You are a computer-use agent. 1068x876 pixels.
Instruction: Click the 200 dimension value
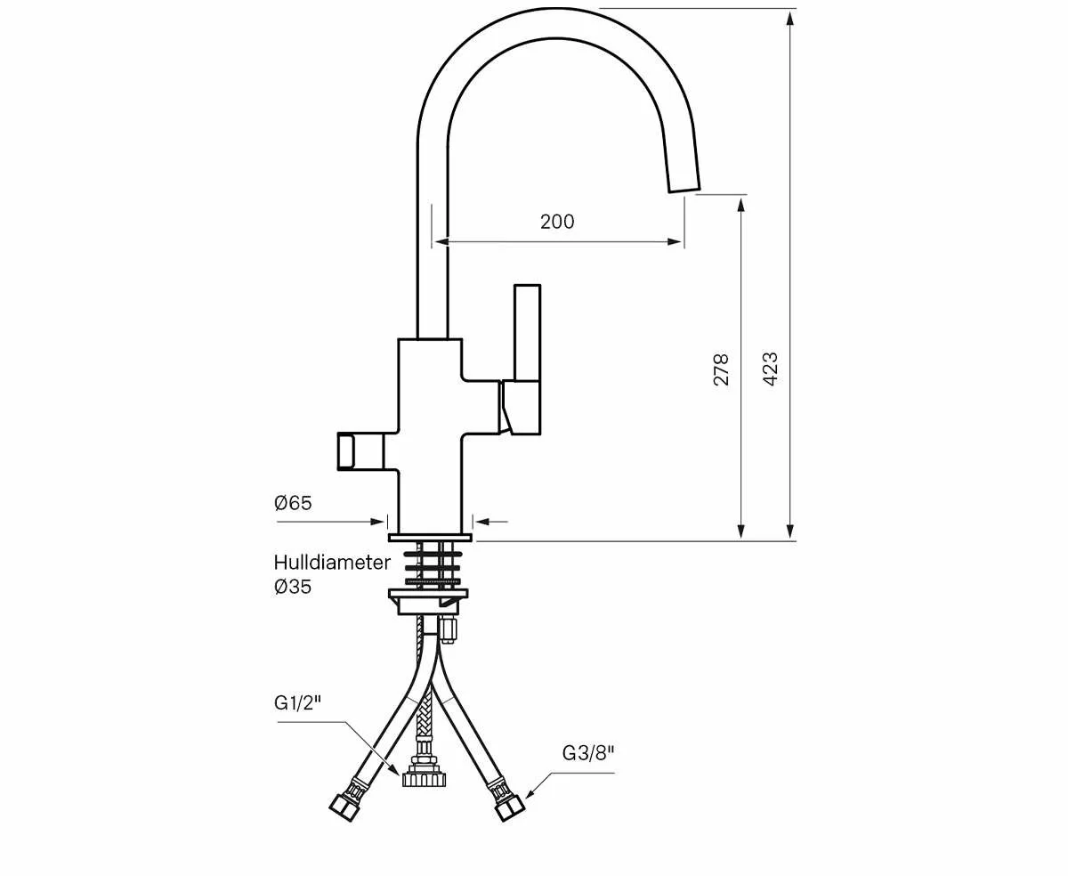pyautogui.click(x=557, y=222)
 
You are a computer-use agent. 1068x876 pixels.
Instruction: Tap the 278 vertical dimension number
pyautogui.click(x=721, y=369)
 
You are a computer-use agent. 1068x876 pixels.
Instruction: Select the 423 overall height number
pyautogui.click(x=771, y=369)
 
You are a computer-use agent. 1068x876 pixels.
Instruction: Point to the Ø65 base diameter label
pyautogui.click(x=293, y=503)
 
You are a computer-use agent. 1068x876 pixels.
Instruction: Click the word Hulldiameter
pyautogui.click(x=331, y=563)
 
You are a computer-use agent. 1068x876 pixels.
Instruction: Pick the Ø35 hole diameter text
pyautogui.click(x=293, y=587)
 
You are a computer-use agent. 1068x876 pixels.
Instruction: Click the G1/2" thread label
pyautogui.click(x=297, y=703)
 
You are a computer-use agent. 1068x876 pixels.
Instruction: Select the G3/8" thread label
pyautogui.click(x=588, y=753)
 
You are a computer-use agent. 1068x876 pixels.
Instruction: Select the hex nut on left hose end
pyautogui.click(x=343, y=807)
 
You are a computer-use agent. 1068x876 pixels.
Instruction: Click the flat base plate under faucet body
pyautogui.click(x=430, y=537)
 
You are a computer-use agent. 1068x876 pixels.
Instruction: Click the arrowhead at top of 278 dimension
pyautogui.click(x=740, y=203)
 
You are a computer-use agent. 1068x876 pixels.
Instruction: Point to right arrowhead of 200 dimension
pyautogui.click(x=677, y=240)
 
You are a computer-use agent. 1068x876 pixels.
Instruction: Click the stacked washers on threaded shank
pyautogui.click(x=433, y=566)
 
